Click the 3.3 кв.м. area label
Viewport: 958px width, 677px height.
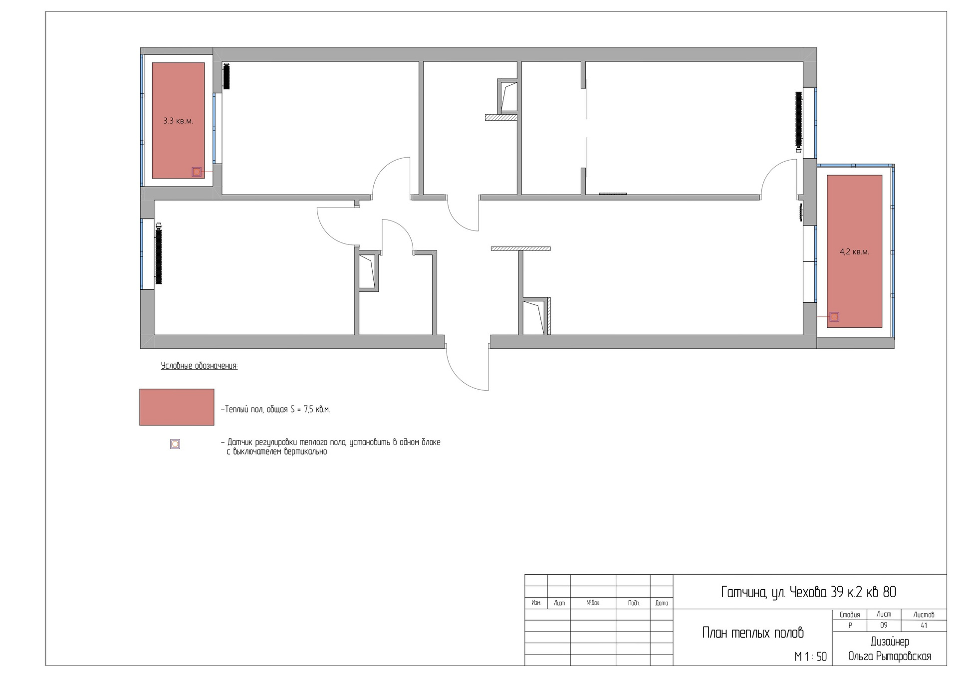click(x=178, y=121)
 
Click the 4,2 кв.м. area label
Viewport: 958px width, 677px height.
click(x=854, y=252)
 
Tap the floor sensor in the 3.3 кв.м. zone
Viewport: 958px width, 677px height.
click(x=197, y=172)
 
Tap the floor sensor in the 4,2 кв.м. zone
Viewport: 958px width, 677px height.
click(x=834, y=317)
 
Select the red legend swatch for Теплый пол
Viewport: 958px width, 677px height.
click(x=177, y=407)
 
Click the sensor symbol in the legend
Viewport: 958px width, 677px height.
click(x=175, y=444)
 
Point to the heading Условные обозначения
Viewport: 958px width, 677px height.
click(x=199, y=366)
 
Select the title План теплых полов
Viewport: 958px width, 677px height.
click(x=753, y=633)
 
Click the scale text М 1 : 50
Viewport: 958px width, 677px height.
click(x=811, y=657)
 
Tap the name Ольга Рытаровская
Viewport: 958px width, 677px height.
click(x=890, y=656)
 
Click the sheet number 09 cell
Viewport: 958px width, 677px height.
click(x=884, y=626)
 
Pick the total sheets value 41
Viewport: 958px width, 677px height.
click(x=924, y=626)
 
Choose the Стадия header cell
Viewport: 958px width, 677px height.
click(x=850, y=615)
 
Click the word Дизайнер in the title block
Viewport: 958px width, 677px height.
click(x=890, y=642)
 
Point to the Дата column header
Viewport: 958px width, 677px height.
click(x=662, y=603)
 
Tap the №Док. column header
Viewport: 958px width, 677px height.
click(x=593, y=603)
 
